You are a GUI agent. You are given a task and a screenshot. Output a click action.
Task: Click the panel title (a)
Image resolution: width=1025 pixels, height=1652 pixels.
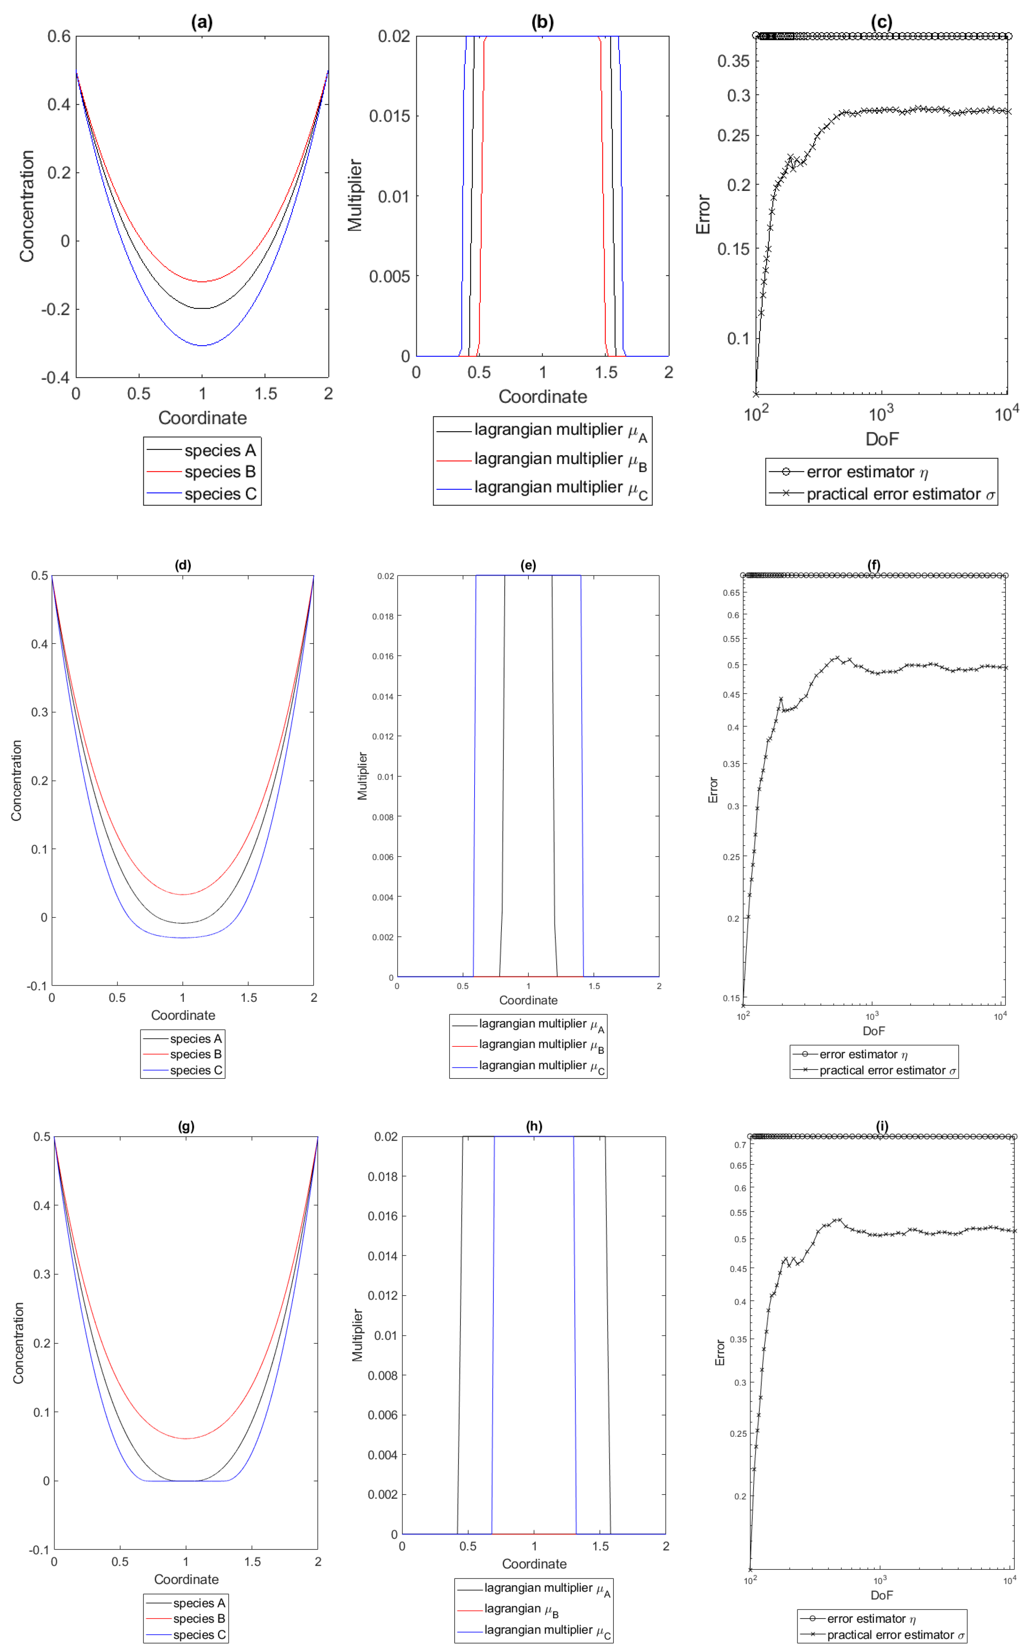(x=202, y=22)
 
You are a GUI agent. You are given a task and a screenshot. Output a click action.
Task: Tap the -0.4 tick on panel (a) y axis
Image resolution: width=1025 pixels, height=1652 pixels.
(x=56, y=377)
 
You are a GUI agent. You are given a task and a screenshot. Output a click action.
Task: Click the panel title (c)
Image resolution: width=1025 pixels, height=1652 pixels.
(x=881, y=22)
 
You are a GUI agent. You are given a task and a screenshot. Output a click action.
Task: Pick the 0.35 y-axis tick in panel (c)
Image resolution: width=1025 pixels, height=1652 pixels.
(x=734, y=61)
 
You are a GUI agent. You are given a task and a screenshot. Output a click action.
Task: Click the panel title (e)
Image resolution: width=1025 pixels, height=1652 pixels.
(x=528, y=565)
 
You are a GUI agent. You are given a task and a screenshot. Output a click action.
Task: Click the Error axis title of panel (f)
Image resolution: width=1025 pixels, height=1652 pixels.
(x=713, y=790)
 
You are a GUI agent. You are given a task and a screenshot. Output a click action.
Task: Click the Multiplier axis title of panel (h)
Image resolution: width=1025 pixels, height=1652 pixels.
(x=357, y=1335)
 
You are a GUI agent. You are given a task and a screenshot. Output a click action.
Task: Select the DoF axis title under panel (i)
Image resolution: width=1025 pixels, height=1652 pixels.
(x=881, y=1595)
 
